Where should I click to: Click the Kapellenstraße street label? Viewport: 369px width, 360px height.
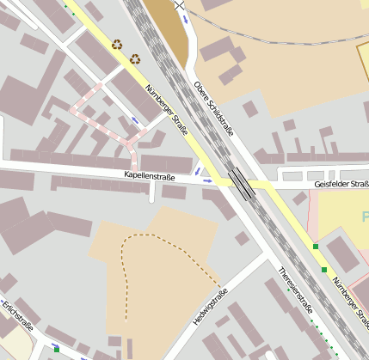pyautogui.click(x=150, y=176)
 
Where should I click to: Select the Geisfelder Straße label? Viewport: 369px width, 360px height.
pyautogui.click(x=341, y=183)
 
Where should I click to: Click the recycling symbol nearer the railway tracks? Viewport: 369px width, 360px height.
pyautogui.click(x=135, y=58)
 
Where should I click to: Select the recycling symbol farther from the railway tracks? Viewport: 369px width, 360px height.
pyautogui.click(x=117, y=44)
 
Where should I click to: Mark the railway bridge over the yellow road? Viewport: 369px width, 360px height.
pyautogui.click(x=242, y=183)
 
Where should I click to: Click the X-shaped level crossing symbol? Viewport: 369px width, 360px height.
pyautogui.click(x=179, y=5)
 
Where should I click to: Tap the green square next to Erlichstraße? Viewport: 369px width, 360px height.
pyautogui.click(x=57, y=350)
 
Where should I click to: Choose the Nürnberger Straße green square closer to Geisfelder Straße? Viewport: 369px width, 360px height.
pyautogui.click(x=316, y=247)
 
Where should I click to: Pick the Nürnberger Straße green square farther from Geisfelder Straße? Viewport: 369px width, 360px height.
pyautogui.click(x=324, y=270)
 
